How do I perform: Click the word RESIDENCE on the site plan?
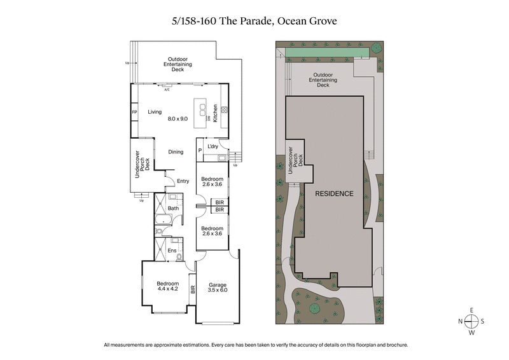(x=332, y=193)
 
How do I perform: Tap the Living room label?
(x=155, y=112)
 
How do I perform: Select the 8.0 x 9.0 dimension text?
(x=178, y=119)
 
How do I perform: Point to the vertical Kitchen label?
(x=216, y=113)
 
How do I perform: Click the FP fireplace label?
(x=134, y=113)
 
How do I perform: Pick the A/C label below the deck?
(x=167, y=90)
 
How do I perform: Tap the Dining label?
(x=176, y=152)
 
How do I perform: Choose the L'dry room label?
(x=213, y=146)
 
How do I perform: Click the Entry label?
(x=183, y=181)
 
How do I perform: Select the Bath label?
(x=173, y=209)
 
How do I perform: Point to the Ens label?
(x=172, y=251)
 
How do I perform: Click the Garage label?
(x=218, y=284)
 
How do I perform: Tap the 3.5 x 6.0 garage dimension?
(x=218, y=290)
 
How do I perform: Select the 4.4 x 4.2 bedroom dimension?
(x=168, y=290)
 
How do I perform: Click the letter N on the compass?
(x=460, y=321)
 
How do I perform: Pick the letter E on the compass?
(x=471, y=310)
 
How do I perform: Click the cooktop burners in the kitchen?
(x=224, y=108)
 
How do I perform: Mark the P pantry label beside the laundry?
(x=200, y=150)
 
